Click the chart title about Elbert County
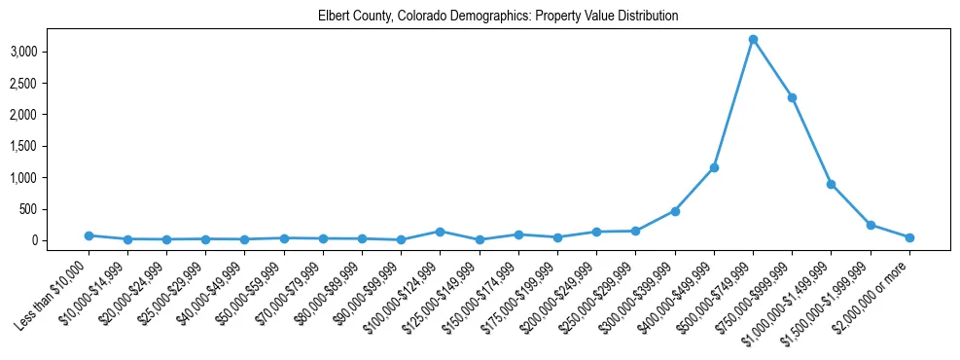point(497,17)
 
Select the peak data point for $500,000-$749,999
point(753,40)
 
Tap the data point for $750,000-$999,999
point(792,97)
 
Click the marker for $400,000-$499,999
point(714,167)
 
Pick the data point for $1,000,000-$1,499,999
point(831,184)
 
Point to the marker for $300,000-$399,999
point(675,211)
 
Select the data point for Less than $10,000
point(89,235)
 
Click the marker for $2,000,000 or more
point(909,237)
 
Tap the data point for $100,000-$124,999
point(441,232)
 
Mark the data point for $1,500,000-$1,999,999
point(871,225)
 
